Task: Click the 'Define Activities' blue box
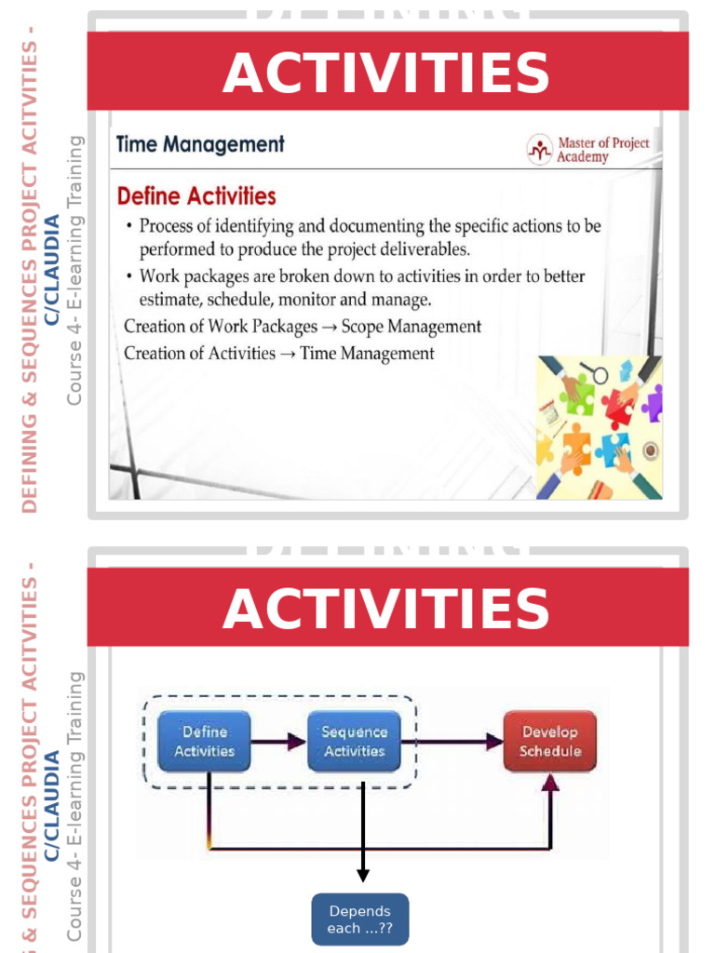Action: (x=204, y=741)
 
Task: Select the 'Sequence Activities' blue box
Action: (x=354, y=741)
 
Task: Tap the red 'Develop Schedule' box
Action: (x=549, y=741)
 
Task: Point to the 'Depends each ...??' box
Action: (x=359, y=919)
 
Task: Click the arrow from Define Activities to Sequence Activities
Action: (x=279, y=742)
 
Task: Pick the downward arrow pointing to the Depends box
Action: (x=362, y=838)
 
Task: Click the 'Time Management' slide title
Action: (x=200, y=144)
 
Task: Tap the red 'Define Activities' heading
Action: (x=196, y=196)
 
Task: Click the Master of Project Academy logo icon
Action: (x=539, y=149)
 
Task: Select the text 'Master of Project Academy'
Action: (x=602, y=150)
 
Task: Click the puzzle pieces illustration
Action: (x=599, y=427)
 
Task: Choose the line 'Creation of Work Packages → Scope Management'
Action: (x=303, y=327)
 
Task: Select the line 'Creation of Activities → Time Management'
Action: (x=278, y=353)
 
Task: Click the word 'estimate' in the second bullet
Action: (x=169, y=300)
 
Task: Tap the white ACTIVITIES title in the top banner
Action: (x=386, y=74)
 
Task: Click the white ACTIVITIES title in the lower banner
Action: (x=386, y=610)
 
